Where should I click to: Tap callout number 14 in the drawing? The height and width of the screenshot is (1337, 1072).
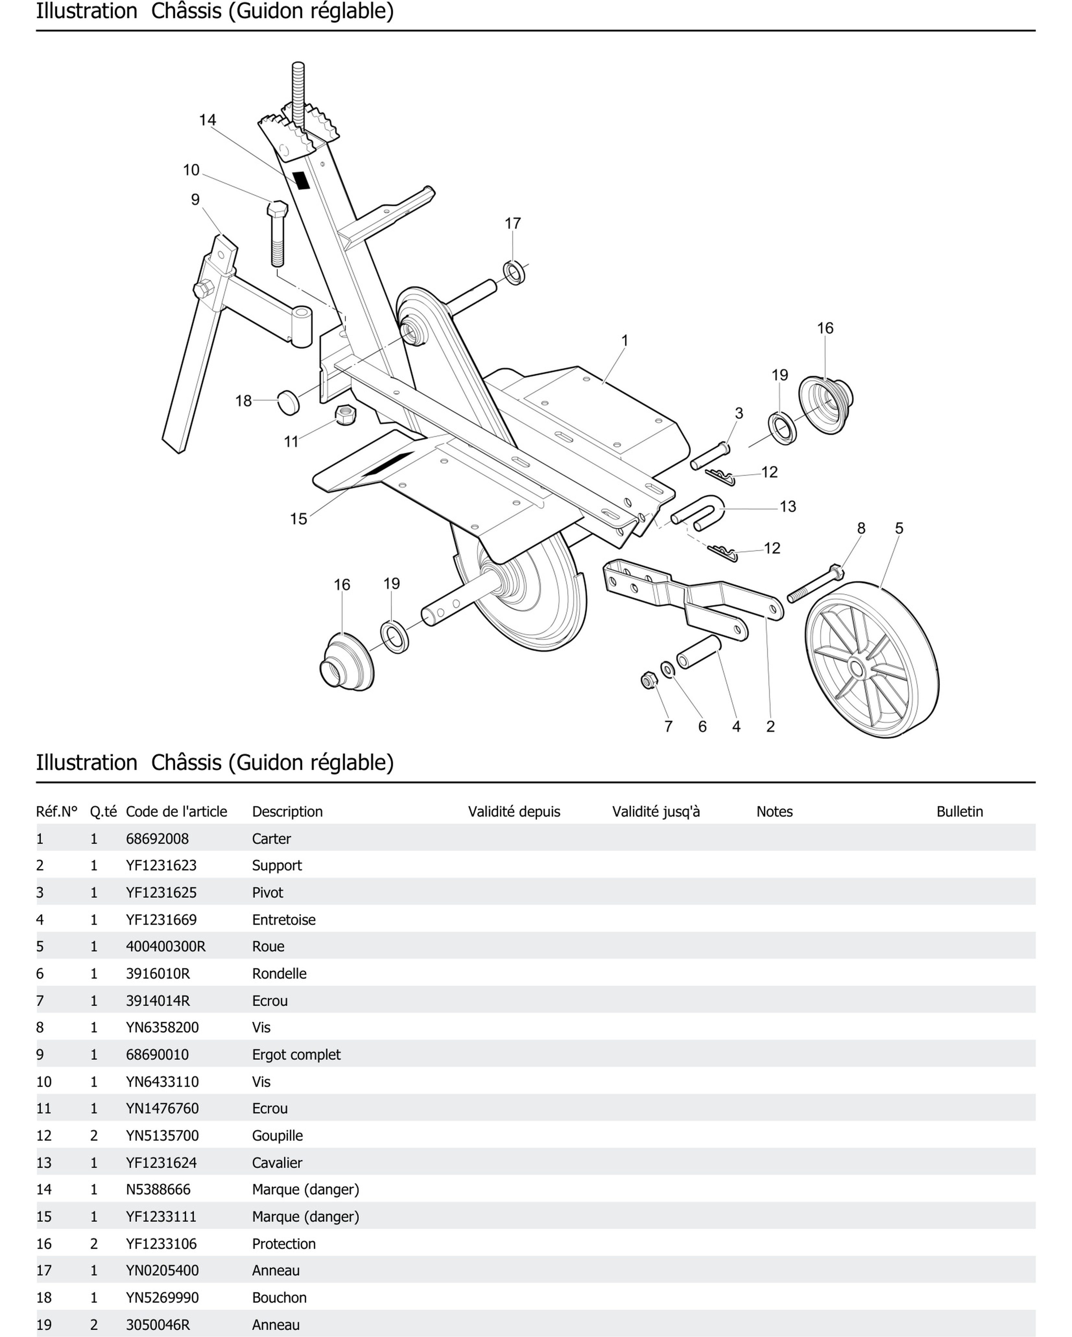207,120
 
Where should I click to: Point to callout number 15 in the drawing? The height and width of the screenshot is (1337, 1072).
298,518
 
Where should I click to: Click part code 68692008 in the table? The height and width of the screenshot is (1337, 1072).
157,838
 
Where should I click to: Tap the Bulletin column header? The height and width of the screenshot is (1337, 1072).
959,811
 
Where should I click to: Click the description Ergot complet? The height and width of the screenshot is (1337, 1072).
296,1054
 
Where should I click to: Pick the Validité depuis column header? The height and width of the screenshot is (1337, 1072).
514,811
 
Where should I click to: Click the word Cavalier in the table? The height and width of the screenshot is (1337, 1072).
277,1162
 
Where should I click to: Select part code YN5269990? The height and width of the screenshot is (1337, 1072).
162,1297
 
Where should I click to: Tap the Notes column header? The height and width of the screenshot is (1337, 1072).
774,811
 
